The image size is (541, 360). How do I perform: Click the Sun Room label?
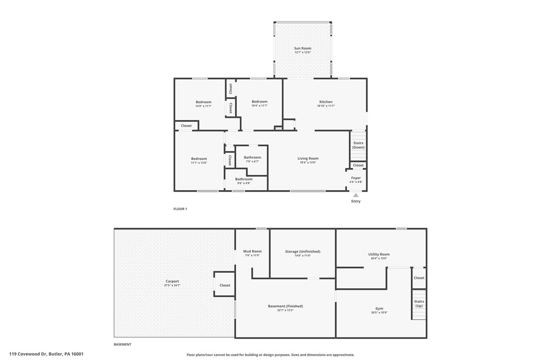click(302, 48)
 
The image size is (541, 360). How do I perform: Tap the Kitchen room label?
click(326, 102)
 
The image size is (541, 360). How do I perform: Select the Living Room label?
click(308, 158)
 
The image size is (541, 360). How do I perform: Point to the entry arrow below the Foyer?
click(356, 195)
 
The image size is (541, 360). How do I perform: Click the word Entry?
click(356, 201)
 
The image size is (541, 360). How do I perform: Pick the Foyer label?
click(356, 178)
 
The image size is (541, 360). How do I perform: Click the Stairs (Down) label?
click(358, 145)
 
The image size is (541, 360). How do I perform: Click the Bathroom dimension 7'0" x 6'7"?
click(253, 161)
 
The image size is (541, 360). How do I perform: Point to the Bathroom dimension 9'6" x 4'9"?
click(244, 183)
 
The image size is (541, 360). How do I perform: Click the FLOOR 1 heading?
click(180, 209)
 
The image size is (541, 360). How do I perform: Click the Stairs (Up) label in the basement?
click(419, 303)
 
